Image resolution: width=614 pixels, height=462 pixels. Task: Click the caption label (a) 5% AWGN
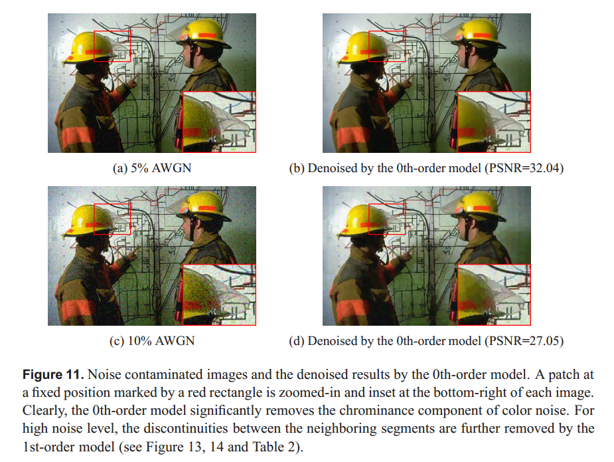[x=152, y=168]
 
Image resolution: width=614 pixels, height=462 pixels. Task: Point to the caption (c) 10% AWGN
[x=152, y=340]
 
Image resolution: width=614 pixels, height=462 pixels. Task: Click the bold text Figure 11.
[x=53, y=374]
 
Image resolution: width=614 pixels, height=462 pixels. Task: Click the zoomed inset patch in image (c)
[x=219, y=295]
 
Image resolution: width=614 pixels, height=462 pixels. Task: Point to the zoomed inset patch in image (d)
[x=494, y=295]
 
